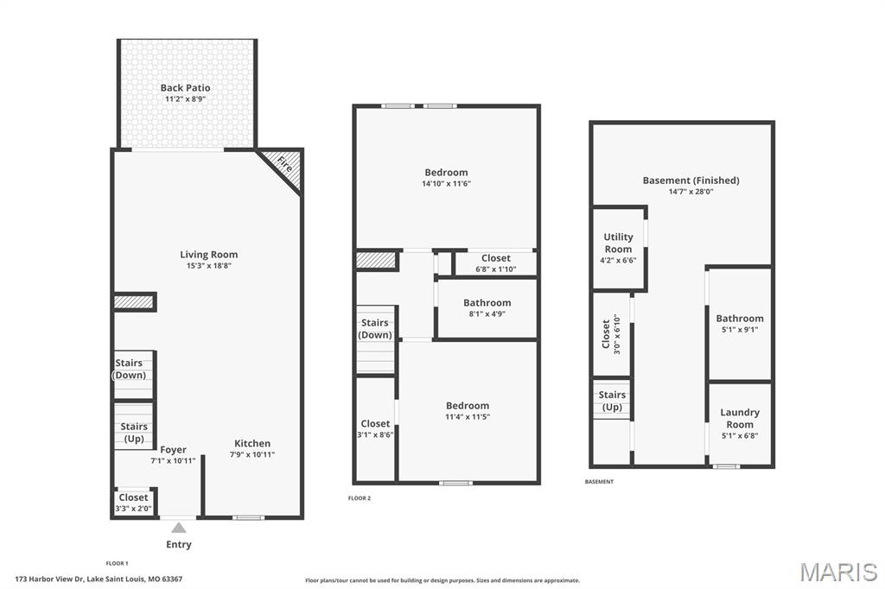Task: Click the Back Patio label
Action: [185, 87]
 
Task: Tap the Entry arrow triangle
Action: [179, 528]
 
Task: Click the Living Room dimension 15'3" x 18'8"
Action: [209, 266]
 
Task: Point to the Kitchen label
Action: [252, 443]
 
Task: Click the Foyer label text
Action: [173, 450]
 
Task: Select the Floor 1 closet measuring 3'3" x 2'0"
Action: [134, 502]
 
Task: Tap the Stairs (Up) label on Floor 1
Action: [134, 433]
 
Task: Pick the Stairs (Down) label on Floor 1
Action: [130, 369]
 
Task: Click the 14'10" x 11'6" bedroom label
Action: [446, 178]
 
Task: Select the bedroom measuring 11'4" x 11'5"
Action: [468, 411]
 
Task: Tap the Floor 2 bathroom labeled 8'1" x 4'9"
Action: [487, 308]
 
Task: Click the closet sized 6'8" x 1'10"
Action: [495, 263]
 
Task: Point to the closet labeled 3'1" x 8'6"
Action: [375, 428]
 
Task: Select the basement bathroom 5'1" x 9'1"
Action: [740, 324]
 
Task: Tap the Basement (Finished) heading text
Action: [691, 180]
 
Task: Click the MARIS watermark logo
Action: [838, 572]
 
